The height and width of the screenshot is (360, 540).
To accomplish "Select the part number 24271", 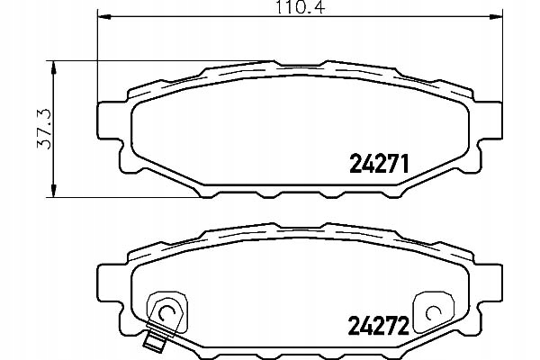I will coord(379,165).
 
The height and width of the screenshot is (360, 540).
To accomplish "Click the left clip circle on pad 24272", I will coord(165,311).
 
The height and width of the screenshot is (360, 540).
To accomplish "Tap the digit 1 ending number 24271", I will coord(406,165).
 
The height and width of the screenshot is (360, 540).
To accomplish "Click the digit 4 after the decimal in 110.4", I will coord(319,9).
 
